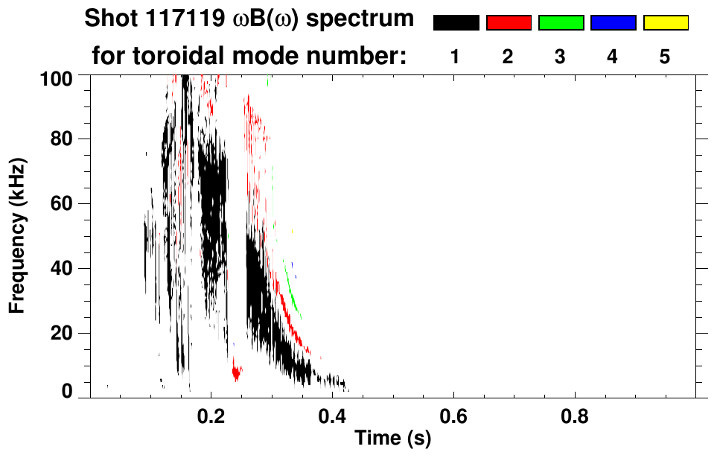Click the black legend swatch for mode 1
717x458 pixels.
click(456, 23)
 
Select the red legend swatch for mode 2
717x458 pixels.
click(509, 23)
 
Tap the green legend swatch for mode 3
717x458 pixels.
click(561, 23)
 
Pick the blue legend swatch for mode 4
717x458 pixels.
click(613, 23)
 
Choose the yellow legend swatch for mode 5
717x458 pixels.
click(666, 23)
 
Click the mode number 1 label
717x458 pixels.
click(455, 57)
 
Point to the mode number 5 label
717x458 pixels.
click(665, 57)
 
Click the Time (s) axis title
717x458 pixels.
click(392, 439)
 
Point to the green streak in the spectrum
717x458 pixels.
click(293, 299)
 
